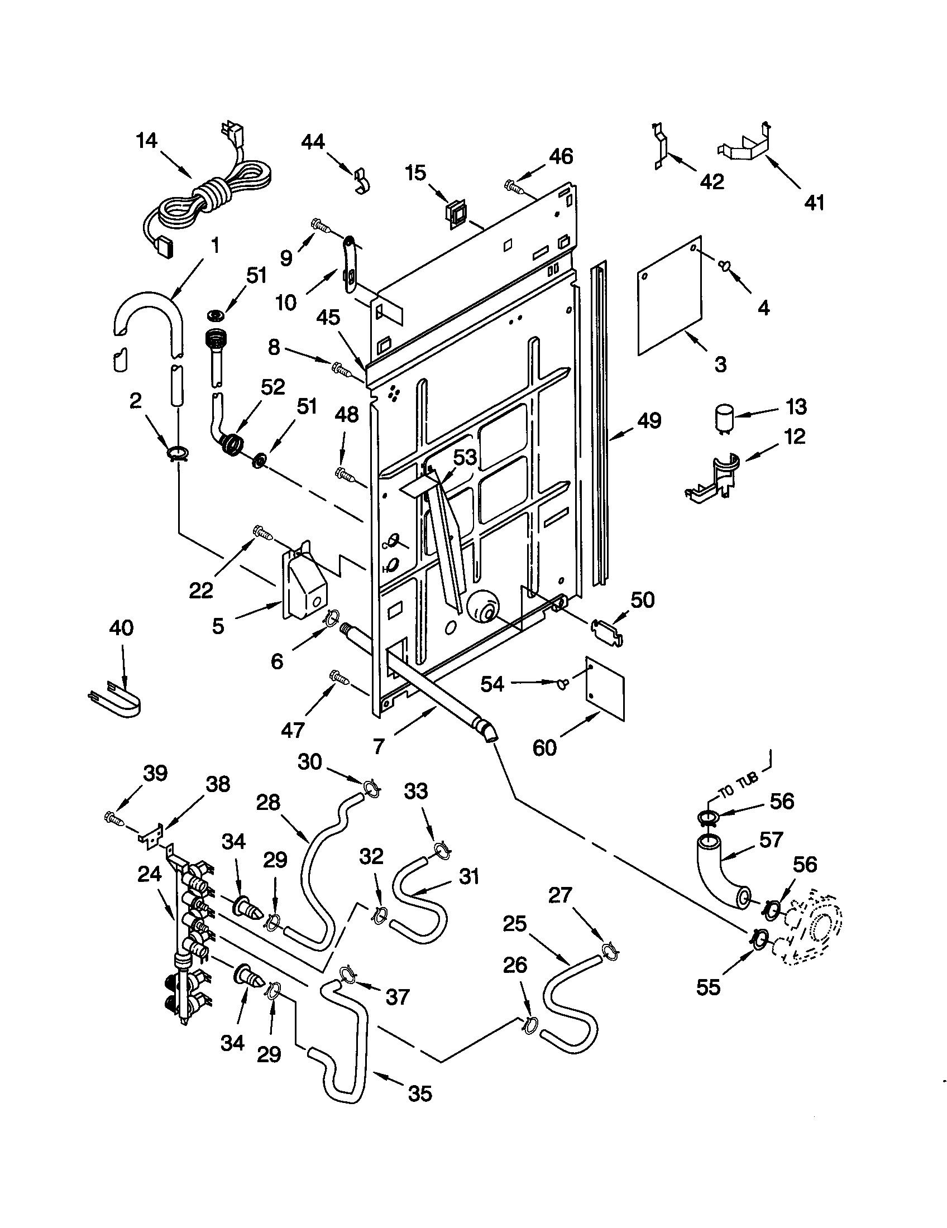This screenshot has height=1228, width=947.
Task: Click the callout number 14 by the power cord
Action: coord(147,141)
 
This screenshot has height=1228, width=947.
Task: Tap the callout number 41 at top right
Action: coord(814,202)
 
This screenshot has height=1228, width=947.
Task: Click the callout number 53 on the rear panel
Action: coord(465,457)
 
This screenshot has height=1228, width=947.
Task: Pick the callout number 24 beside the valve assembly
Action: coord(149,874)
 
